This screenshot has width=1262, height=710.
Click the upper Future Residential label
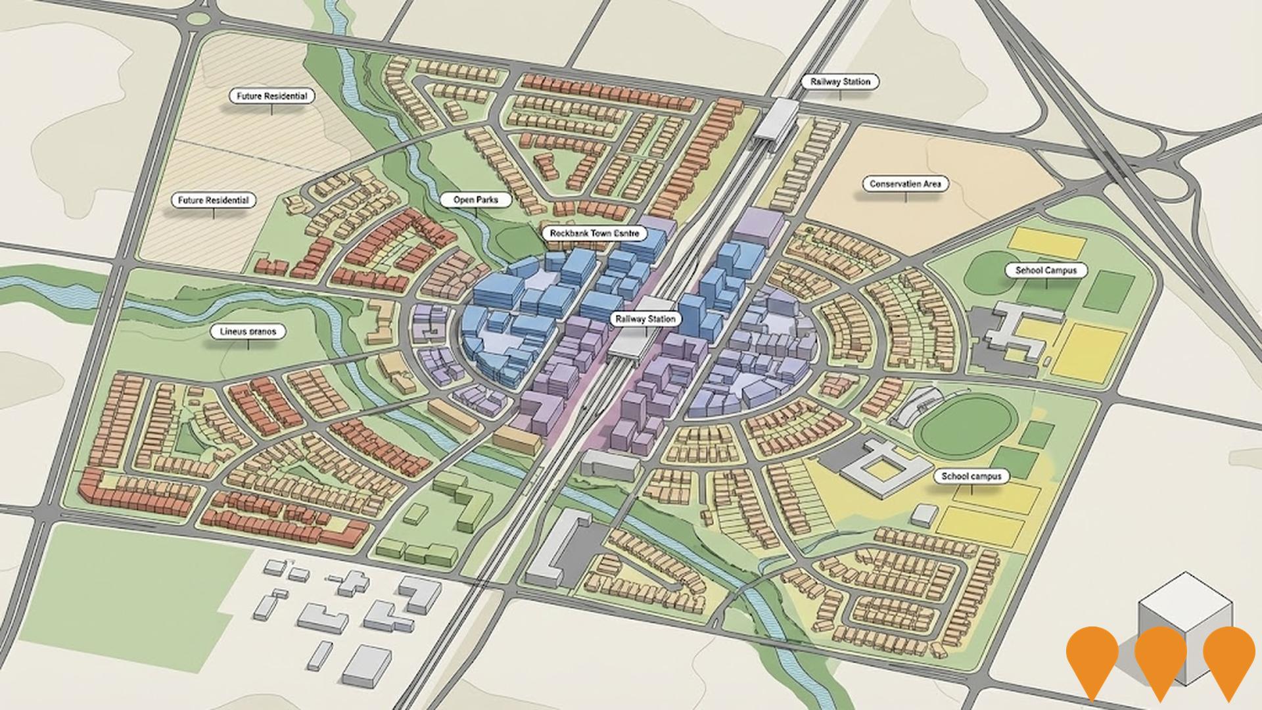[272, 96]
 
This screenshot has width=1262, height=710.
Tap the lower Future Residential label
[214, 200]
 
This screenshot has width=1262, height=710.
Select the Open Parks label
[475, 200]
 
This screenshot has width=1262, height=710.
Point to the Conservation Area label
[905, 184]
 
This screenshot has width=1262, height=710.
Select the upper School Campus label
[1046, 270]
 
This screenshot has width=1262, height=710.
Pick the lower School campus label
[971, 476]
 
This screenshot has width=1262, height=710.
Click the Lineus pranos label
[248, 331]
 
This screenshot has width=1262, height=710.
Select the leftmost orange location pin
[1092, 661]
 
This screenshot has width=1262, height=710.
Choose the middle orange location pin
[1161, 661]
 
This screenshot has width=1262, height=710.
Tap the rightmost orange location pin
[1229, 661]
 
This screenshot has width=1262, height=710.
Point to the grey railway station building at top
[776, 118]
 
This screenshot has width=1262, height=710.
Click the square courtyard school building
[879, 467]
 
